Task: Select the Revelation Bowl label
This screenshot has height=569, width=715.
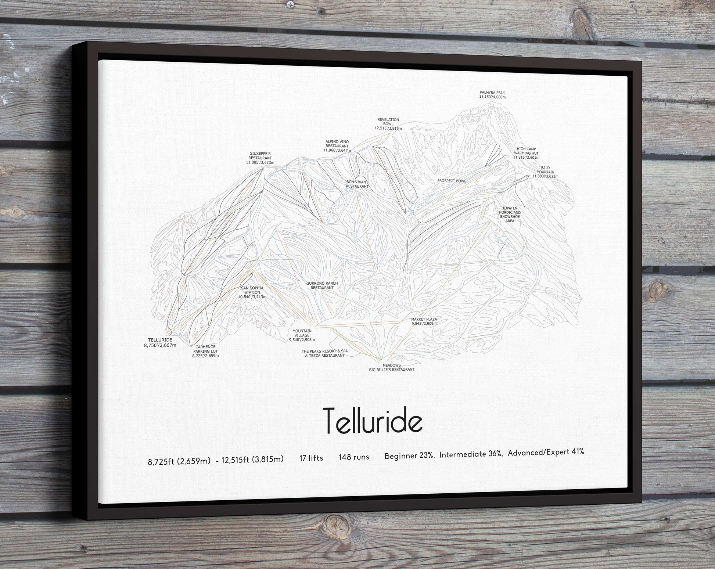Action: pos(388,124)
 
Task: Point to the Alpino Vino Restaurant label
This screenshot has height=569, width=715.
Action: pos(337,146)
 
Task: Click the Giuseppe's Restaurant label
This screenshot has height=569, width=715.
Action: pos(260,158)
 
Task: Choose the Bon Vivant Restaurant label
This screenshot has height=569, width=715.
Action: pos(357,184)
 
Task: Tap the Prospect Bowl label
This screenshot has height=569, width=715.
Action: pos(451,181)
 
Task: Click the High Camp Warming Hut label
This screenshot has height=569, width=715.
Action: pos(526,153)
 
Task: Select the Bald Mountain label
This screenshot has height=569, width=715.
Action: pos(545,172)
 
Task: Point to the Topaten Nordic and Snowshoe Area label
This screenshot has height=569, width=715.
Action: pos(510,215)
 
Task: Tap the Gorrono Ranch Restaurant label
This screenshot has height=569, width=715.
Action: pos(322,285)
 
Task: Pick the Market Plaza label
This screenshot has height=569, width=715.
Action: pos(424,321)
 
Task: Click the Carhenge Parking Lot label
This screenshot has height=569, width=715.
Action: pos(205,351)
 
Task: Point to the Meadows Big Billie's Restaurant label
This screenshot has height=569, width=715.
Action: pos(392,367)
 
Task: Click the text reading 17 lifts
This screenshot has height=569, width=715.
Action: pos(311,458)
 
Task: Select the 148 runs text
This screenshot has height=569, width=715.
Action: pos(354,457)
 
